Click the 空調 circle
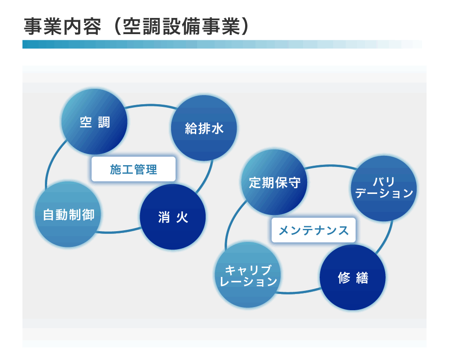(94, 122)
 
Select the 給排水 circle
(204, 128)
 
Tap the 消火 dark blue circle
(173, 217)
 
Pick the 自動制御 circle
(68, 214)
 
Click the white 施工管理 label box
(133, 169)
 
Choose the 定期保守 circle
(274, 182)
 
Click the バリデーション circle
(384, 189)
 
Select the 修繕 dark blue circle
(352, 277)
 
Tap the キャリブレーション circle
(248, 275)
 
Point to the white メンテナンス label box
(313, 230)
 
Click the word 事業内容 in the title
(62, 26)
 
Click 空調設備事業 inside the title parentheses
(181, 26)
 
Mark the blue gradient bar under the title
(222, 44)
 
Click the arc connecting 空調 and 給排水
(150, 105)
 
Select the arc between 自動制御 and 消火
(119, 232)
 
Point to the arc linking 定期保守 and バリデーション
(331, 166)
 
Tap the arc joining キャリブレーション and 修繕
(299, 292)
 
